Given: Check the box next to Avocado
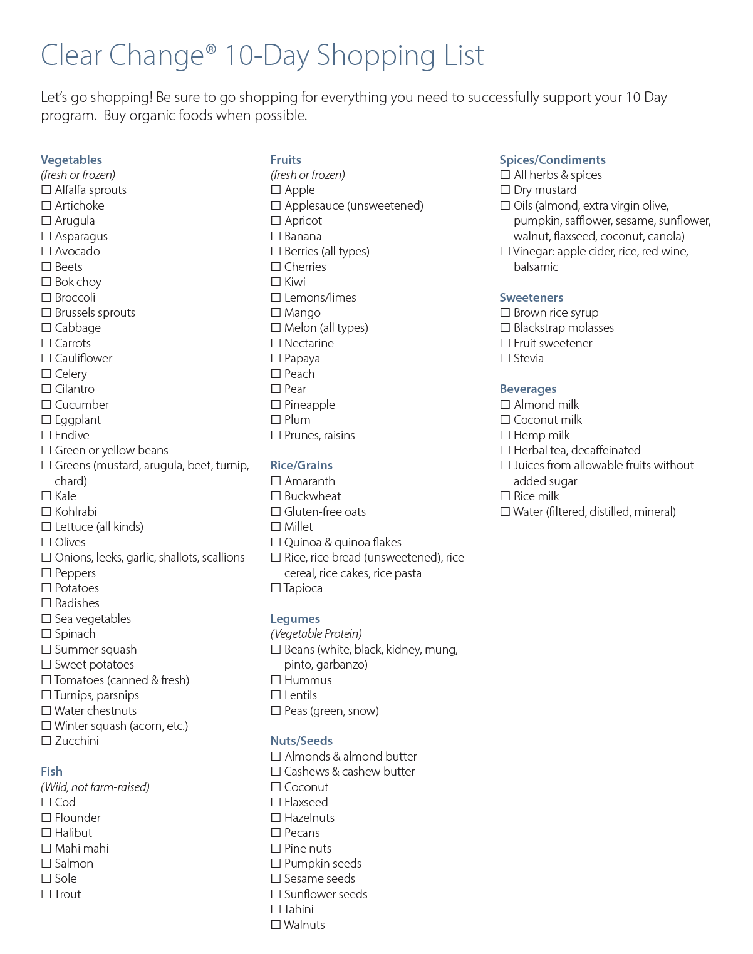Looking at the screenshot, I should (46, 252).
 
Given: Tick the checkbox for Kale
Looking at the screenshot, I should (46, 496).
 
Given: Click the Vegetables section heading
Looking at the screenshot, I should (71, 160).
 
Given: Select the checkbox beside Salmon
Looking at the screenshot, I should (46, 864).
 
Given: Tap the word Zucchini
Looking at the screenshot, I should (76, 741).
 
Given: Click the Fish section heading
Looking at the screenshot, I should (51, 771).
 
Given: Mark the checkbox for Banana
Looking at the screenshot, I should (276, 237).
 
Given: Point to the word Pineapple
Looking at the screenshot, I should (309, 405).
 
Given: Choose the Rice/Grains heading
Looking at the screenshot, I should (301, 465).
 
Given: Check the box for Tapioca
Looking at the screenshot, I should (276, 588).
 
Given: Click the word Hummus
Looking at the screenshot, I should (308, 680).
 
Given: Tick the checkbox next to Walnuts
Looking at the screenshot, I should (276, 925).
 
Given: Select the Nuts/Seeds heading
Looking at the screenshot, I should (301, 741).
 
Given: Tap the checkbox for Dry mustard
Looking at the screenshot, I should (505, 190).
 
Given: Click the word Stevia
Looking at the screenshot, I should (528, 359).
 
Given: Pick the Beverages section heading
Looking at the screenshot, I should (528, 389).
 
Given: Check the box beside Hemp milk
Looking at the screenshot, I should (505, 436).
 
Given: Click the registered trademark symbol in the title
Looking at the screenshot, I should (211, 48).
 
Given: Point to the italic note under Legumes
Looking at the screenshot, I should (316, 633).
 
